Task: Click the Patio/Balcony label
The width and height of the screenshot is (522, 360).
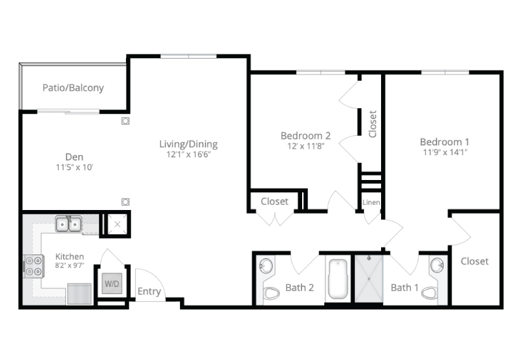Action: (x=73, y=88)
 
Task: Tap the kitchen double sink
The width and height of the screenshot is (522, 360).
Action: (x=69, y=224)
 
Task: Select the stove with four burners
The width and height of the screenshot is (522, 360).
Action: (x=34, y=266)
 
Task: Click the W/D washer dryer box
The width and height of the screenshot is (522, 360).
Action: (x=112, y=284)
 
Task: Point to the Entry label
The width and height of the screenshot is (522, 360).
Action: (x=149, y=292)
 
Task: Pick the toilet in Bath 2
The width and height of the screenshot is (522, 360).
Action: (x=271, y=293)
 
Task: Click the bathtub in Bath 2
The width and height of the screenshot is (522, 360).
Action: (x=338, y=279)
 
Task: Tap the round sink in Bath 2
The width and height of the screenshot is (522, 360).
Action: (x=266, y=266)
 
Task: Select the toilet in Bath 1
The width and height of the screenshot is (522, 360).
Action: (x=429, y=293)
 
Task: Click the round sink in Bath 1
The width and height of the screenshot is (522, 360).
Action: (x=437, y=266)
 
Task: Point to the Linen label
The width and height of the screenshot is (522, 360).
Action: (x=371, y=202)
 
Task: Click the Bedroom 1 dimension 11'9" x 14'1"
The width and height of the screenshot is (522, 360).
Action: (x=445, y=153)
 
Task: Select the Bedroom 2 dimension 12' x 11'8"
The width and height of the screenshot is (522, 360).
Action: (x=305, y=146)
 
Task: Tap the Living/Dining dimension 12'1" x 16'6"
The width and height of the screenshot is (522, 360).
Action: (x=189, y=155)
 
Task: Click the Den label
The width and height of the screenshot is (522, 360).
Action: (x=74, y=157)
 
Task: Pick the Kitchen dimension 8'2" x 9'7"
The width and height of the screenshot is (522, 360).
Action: (x=70, y=265)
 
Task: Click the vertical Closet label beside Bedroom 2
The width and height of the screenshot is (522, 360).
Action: (x=373, y=124)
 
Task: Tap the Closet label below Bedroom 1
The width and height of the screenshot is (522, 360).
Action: (x=474, y=261)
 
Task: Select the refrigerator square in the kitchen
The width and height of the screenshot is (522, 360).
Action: (x=79, y=293)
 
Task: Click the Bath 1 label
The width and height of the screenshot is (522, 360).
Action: (x=405, y=288)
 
